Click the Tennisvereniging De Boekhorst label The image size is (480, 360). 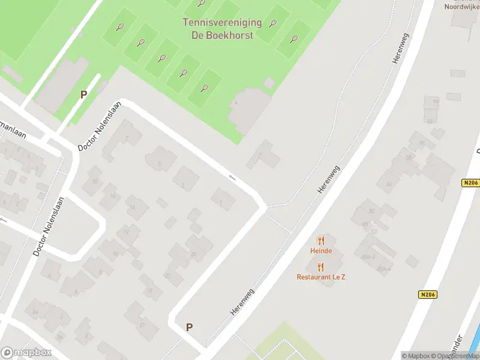(222, 29)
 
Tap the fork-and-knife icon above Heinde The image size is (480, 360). (320, 241)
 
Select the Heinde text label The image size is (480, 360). (320, 251)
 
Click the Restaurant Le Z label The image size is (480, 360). (320, 277)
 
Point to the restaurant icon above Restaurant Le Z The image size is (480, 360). (320, 267)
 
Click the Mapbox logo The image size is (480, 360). (26, 352)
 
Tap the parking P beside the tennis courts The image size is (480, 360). (84, 94)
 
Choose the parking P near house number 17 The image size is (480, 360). (189, 327)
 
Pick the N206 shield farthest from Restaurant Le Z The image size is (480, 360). (471, 184)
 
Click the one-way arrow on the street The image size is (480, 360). (232, 177)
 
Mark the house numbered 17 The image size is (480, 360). (142, 325)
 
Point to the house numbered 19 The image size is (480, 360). (150, 291)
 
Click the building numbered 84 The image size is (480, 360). (388, 184)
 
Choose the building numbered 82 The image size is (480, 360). (371, 211)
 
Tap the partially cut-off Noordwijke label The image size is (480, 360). (462, 7)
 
